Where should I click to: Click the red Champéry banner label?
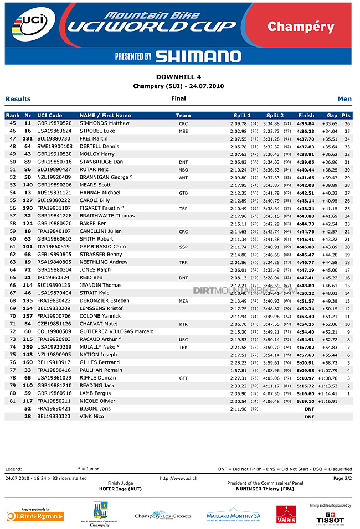coord(301,27)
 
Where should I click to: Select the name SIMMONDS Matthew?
coord(105,123)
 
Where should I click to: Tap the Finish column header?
coord(306,115)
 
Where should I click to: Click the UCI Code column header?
coord(50,115)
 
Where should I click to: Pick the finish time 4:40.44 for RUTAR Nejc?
coord(305,169)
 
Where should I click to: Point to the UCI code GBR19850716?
coord(54,162)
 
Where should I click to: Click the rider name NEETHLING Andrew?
coord(104,262)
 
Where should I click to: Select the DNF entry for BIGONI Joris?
coord(309,408)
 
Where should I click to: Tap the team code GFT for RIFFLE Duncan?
coord(183,377)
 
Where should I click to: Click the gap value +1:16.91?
coord(327,401)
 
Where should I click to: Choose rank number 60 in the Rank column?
coord(13,239)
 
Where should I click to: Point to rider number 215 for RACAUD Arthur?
coord(28,339)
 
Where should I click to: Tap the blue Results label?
coord(18,99)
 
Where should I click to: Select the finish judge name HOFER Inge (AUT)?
coord(120,489)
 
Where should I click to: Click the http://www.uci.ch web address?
coord(178,478)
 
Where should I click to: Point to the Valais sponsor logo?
coord(286,515)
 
